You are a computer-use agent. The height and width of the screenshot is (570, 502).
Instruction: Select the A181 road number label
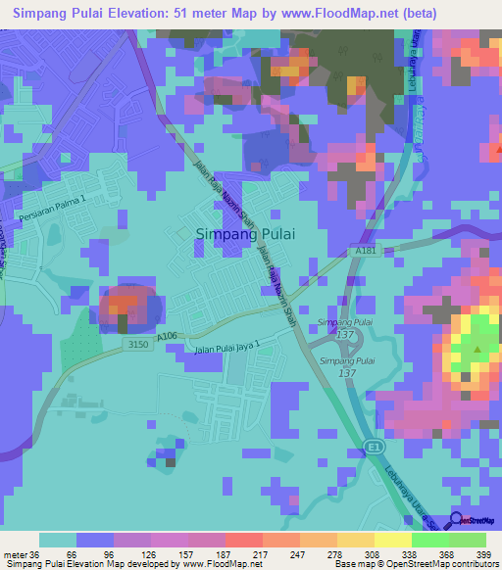364,251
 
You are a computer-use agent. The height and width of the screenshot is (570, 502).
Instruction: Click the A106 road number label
167,335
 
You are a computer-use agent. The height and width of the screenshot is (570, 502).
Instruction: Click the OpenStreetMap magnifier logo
458,522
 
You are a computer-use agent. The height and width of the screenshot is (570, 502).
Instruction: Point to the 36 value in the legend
35,553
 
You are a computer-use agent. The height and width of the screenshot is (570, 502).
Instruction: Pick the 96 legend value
94,553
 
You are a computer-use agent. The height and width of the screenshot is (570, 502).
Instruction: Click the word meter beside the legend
15,553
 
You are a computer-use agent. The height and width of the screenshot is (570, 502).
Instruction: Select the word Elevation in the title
153,14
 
